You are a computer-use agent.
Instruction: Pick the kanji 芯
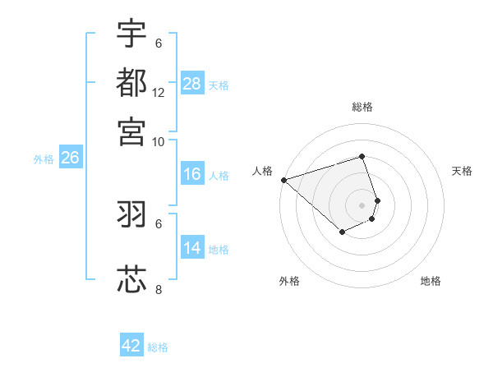132,279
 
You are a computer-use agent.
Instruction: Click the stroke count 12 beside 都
159,92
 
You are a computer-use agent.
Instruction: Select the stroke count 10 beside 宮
159,141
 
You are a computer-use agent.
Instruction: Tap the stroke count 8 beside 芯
159,289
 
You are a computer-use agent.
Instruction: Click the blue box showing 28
191,84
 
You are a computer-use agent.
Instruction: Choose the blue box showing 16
191,174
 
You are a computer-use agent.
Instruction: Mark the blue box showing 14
191,248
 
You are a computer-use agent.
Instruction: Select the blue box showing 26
70,159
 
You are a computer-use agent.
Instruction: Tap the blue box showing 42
131,346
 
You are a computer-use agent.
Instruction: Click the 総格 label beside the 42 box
158,347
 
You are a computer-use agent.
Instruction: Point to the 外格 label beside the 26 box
44,159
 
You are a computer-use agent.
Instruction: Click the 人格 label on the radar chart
263,171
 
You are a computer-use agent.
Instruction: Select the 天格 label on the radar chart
462,171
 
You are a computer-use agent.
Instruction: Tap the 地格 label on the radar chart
431,281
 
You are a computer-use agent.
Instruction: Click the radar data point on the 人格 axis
283,179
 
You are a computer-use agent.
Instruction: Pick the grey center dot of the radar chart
362,204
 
